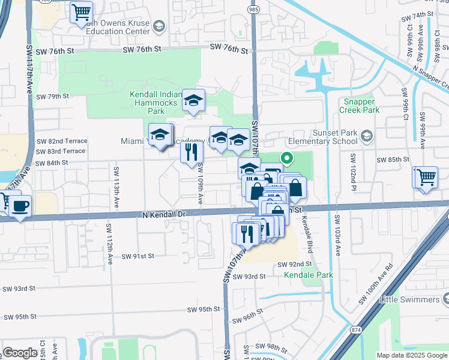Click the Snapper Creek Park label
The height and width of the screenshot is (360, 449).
[359, 106]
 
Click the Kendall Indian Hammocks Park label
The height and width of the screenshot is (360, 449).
[154, 103]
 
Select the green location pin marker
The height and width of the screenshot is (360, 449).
[287, 160]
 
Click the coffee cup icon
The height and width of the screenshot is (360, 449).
[20, 206]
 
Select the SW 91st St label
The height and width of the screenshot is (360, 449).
[138, 256]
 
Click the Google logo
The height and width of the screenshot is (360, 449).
[20, 353]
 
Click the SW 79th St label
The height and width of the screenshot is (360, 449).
[53, 96]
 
